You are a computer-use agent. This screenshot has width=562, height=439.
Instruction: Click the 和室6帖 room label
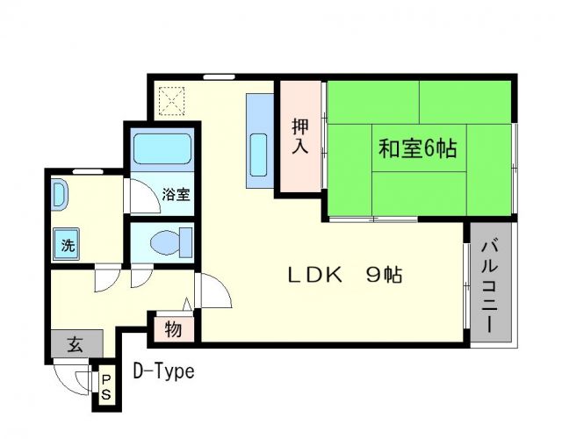click(x=417, y=148)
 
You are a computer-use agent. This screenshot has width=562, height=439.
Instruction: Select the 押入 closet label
click(x=300, y=136)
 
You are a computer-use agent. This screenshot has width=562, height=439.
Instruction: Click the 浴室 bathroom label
click(x=176, y=195)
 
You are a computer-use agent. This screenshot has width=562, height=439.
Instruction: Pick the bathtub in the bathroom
click(x=162, y=154)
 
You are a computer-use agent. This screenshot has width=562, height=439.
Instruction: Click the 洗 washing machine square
click(x=68, y=245)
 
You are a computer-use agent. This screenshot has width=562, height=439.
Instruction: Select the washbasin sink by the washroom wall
click(x=57, y=194)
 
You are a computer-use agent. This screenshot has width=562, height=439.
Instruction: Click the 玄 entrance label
click(x=75, y=344)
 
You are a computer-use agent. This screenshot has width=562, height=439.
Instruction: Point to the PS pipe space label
click(x=104, y=387)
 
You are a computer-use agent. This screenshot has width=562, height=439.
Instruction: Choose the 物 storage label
click(x=173, y=331)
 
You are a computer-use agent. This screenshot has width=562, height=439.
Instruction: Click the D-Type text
click(x=163, y=371)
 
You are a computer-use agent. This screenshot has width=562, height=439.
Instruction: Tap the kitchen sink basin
click(x=260, y=155)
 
